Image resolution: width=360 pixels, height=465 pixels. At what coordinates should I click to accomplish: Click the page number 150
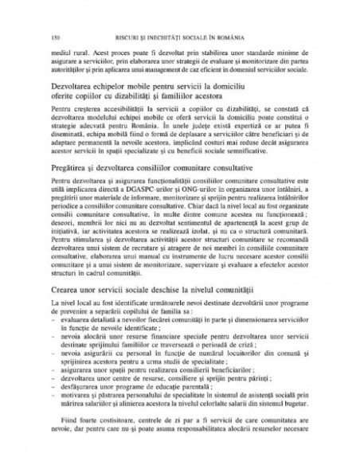point(55,38)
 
